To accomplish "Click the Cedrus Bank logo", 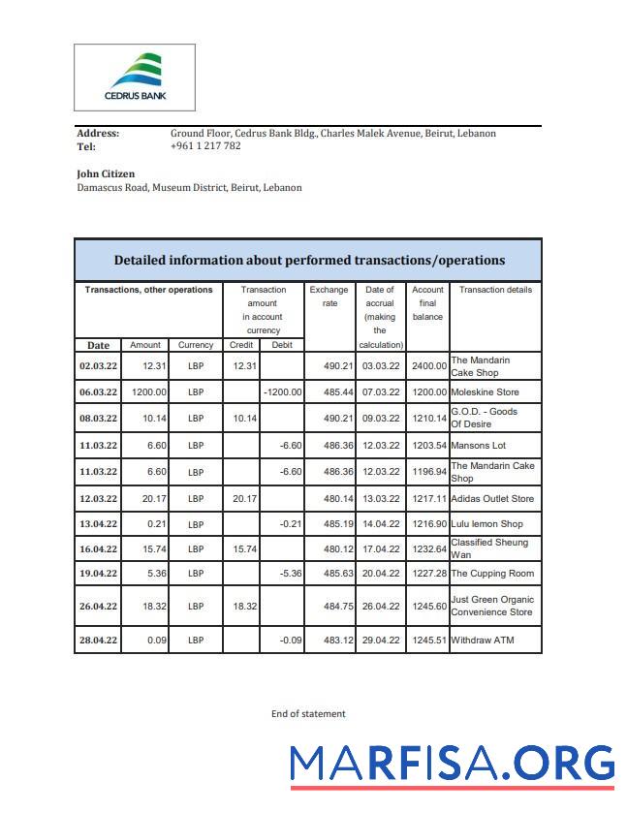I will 135,78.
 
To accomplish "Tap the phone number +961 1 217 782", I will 204,146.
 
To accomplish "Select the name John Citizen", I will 106,174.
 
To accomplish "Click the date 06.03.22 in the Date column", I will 98,392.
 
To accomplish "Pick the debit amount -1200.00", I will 283,392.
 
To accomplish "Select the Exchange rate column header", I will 329,297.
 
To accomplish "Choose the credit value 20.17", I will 242,499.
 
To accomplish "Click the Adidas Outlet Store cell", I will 492,499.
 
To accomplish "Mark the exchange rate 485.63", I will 329,574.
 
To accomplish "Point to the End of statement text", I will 308,714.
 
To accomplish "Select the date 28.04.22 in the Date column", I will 98,641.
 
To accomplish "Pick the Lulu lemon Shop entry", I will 486,524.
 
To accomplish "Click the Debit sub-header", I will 282,345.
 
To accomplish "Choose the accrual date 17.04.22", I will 380,548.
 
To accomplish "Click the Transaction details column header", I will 495,290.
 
